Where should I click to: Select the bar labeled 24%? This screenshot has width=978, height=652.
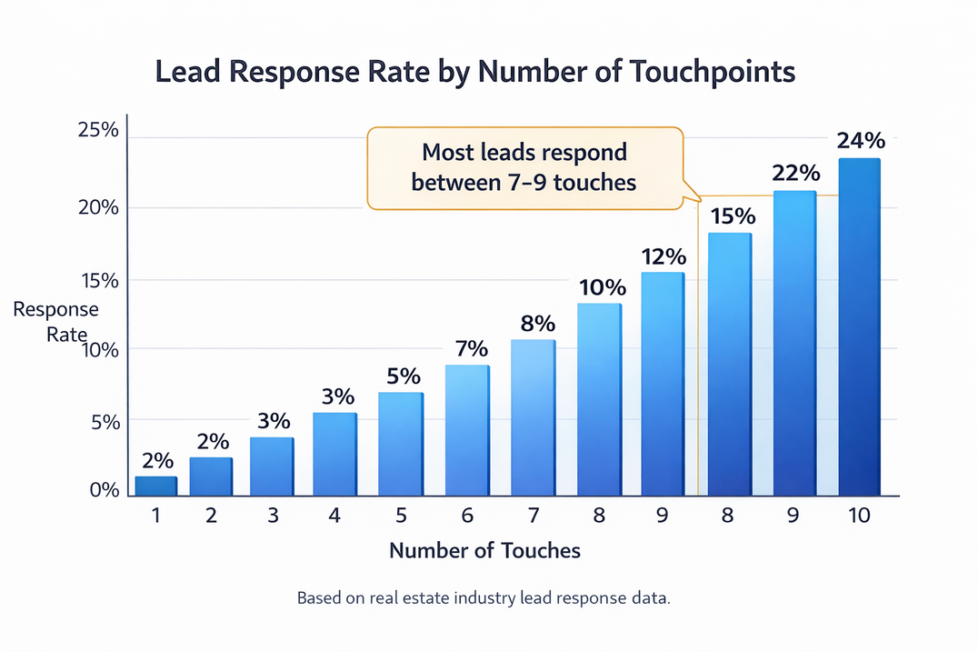tap(858, 327)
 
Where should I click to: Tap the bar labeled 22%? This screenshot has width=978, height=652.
tap(794, 344)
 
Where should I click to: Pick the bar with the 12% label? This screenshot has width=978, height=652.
tap(662, 384)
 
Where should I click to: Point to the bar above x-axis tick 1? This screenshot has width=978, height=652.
tap(155, 486)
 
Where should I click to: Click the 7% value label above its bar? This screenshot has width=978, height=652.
tap(472, 348)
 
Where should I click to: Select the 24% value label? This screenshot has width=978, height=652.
tap(860, 141)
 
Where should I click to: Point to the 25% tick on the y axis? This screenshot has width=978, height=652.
tap(98, 130)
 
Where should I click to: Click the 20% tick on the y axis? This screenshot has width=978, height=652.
tap(98, 207)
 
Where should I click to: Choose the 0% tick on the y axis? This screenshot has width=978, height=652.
tap(105, 490)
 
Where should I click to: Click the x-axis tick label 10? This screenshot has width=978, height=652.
tap(857, 516)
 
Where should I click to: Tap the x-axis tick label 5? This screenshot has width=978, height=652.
tap(401, 516)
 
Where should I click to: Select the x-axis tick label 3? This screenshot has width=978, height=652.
tap(273, 516)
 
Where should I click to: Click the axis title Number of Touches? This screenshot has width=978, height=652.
tap(484, 550)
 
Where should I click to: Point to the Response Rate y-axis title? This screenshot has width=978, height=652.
tap(56, 322)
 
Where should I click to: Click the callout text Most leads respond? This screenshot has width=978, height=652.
tap(524, 151)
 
